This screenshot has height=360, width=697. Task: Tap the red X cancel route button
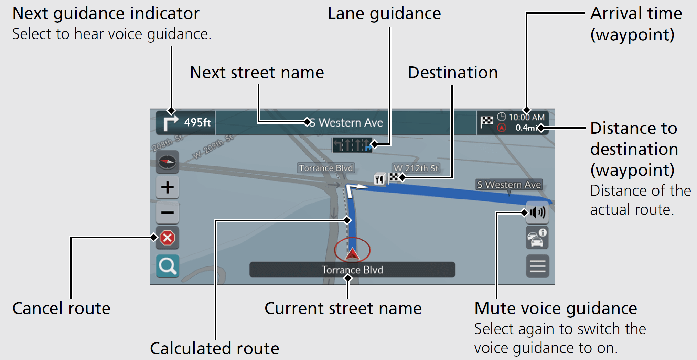tap(168, 238)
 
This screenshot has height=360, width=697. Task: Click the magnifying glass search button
tap(168, 266)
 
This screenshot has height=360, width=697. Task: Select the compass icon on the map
tap(168, 162)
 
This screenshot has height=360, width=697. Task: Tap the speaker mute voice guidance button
tap(537, 212)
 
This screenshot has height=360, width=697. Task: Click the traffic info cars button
tap(537, 238)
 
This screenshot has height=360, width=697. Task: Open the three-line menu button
tap(537, 266)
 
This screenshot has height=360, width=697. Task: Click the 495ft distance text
tap(197, 122)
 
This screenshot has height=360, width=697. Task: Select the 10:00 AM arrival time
tap(526, 117)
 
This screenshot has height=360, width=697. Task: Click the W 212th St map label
tap(416, 168)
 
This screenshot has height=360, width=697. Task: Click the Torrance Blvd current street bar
tap(352, 270)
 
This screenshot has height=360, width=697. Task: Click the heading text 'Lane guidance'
tap(384, 14)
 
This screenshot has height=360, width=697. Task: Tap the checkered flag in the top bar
tap(487, 121)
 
